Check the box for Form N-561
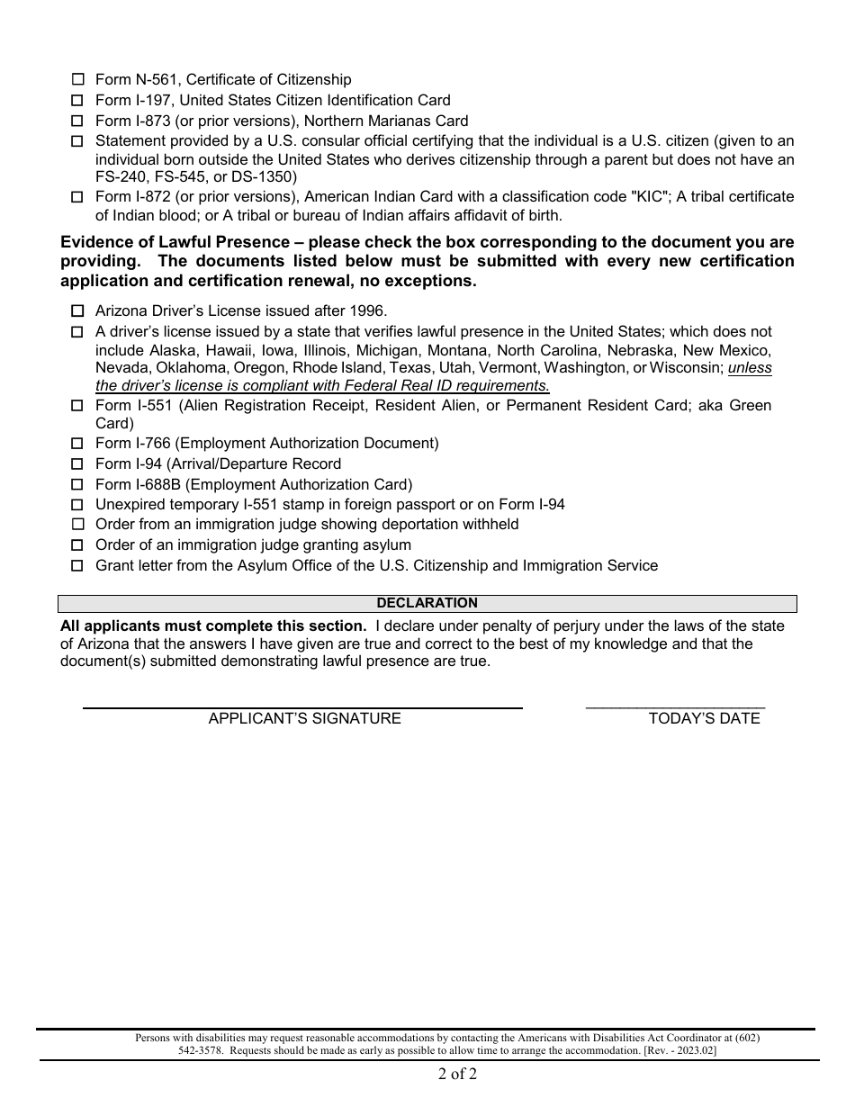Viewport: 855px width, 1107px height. pos(77,80)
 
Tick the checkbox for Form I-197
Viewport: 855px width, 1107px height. pos(77,101)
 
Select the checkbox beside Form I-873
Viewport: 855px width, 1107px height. pos(77,121)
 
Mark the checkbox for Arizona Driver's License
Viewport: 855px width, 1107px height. pos(77,311)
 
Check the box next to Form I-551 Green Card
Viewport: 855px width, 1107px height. pos(77,406)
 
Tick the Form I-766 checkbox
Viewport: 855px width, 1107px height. pos(77,444)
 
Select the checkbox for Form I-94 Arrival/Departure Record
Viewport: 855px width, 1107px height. pos(77,464)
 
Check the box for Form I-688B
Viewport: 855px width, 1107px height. pos(77,485)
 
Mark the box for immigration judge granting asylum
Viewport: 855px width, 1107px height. pos(77,545)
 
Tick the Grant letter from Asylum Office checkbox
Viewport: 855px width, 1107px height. pos(77,566)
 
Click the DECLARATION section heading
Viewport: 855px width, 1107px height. pos(427,603)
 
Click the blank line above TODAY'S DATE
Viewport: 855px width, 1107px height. pos(675,705)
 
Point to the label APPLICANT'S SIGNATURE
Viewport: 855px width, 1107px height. pos(304,718)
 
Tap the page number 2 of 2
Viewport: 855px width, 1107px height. pos(457,1073)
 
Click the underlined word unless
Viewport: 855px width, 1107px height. pos(750,368)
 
